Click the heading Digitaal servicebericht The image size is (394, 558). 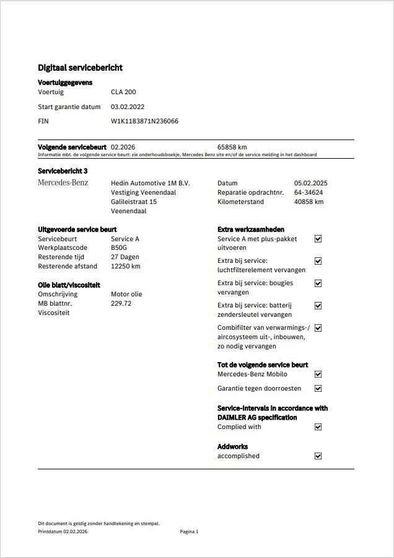[80, 68]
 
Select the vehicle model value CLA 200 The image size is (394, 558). [123, 92]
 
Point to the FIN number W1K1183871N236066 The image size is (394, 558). [144, 121]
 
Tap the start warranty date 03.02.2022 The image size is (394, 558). [128, 107]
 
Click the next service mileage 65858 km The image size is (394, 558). [232, 147]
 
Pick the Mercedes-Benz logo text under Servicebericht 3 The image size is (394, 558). [63, 183]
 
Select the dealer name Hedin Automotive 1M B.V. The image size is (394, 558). [151, 183]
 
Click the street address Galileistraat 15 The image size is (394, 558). [134, 201]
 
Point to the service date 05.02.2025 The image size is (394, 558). [310, 183]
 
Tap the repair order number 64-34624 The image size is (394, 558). [309, 192]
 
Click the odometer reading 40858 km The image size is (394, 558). [309, 201]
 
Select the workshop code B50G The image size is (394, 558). [120, 247]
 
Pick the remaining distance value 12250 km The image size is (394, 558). [126, 266]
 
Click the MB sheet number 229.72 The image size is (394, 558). [121, 303]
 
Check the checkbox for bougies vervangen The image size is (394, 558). [318, 283]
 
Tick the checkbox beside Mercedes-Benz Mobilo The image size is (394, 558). [318, 374]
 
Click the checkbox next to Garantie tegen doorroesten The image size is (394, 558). [318, 389]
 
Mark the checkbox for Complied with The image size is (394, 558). [318, 427]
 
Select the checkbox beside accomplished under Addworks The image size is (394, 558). [318, 456]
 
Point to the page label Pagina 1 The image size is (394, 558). [189, 531]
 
